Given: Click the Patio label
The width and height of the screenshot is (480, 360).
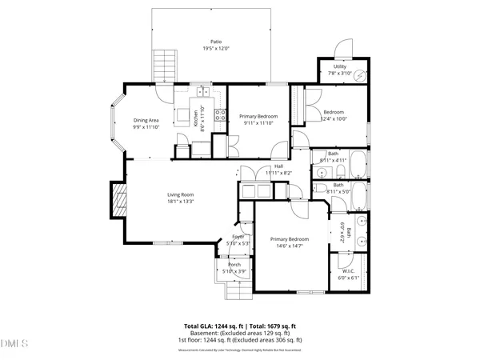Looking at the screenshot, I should (x=216, y=42).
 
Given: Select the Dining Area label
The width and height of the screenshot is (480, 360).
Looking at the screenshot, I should (x=146, y=120).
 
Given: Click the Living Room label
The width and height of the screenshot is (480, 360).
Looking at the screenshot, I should (x=181, y=194).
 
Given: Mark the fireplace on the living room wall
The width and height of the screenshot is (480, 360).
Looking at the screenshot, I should (x=118, y=200).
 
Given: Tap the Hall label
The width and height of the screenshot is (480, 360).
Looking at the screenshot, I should (x=278, y=166).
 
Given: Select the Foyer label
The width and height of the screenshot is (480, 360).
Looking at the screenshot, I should (x=238, y=237).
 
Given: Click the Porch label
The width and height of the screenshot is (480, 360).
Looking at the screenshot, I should (x=234, y=264).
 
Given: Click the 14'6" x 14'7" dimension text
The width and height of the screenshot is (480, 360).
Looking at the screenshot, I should (x=289, y=246).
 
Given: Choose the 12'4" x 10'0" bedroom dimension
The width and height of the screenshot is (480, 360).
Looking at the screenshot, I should (x=334, y=118).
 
